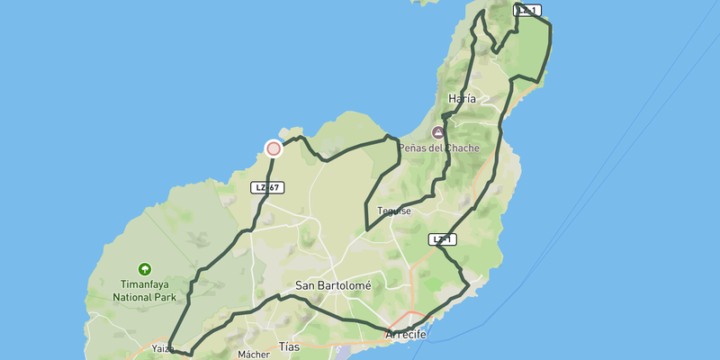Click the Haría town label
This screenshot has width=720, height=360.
click(461, 99)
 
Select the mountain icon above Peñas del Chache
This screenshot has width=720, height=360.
click(440, 132)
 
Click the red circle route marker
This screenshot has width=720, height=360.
click(274, 148)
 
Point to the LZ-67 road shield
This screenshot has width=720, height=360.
click(267, 187)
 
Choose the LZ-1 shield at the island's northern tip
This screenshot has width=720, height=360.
click(526, 10)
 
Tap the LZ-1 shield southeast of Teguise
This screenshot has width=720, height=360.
click(442, 239)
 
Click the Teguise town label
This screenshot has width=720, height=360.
click(394, 211)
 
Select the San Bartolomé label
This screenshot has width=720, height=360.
click(333, 285)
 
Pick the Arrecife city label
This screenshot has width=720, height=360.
click(405, 335)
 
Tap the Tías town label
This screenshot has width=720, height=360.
click(289, 346)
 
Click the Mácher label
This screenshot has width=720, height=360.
click(254, 355)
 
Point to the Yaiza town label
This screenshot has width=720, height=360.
click(163, 348)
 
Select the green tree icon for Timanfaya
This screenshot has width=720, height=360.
click(144, 268)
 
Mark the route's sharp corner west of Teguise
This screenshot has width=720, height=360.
click(366, 229)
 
